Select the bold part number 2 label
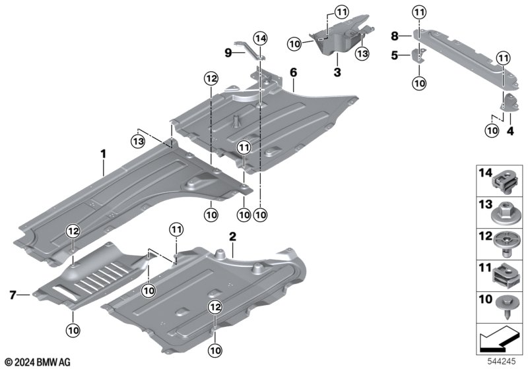click(x=232, y=235)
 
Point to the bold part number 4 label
click(x=510, y=131)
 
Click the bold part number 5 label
click(x=394, y=56)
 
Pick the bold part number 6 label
click(x=293, y=72)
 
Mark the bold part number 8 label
click(x=394, y=35)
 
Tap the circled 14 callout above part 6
click(x=260, y=39)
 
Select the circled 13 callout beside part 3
click(x=362, y=53)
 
